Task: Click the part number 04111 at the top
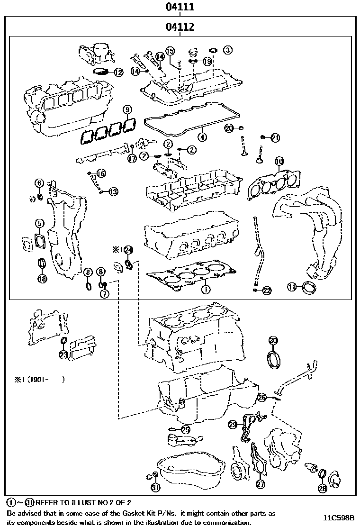click(x=180, y=7)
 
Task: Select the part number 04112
click(x=180, y=27)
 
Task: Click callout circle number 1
click(x=206, y=288)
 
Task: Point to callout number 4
click(x=202, y=137)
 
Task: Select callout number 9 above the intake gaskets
click(x=127, y=110)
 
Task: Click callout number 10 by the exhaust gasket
click(x=279, y=162)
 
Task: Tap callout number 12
click(x=118, y=73)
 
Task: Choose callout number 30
click(x=273, y=340)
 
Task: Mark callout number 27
click(x=260, y=484)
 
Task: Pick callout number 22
click(x=267, y=291)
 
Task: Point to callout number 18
click(x=42, y=279)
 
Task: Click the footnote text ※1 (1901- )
click(x=39, y=379)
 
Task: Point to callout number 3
click(x=228, y=49)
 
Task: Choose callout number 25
click(x=185, y=429)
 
